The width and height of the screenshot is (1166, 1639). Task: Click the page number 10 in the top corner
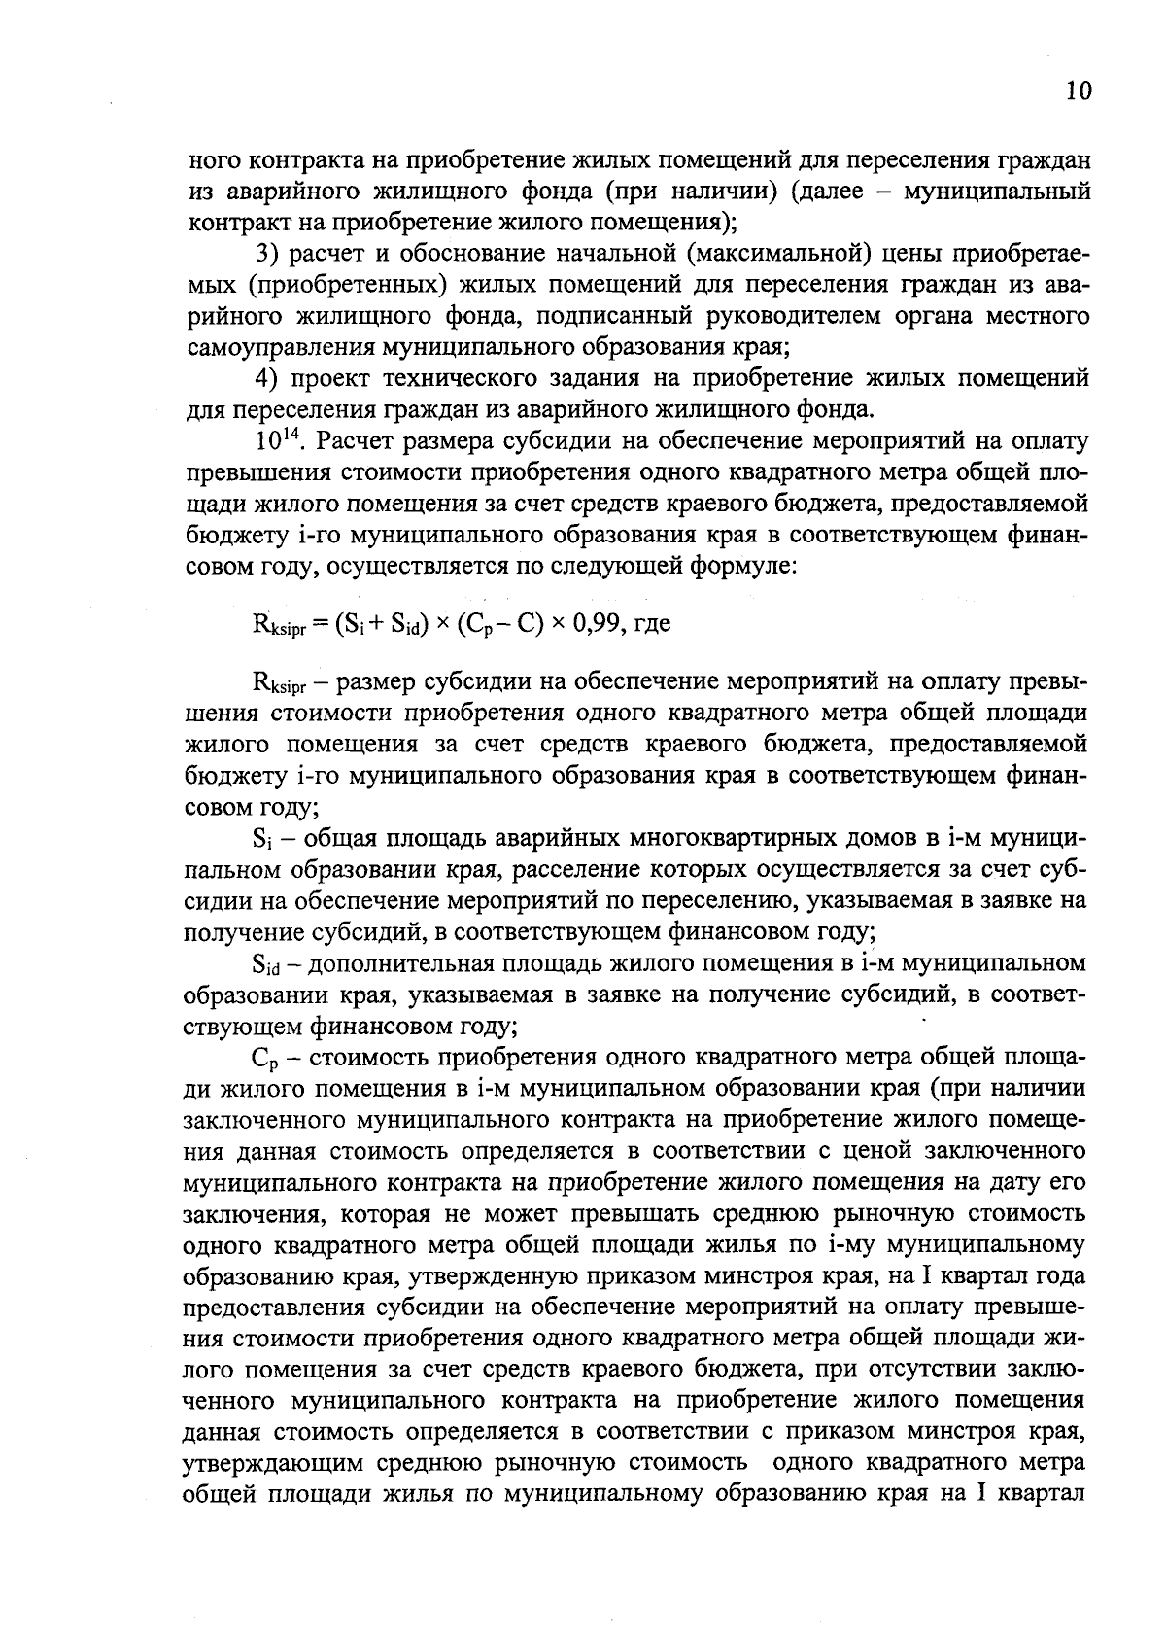click(x=1078, y=92)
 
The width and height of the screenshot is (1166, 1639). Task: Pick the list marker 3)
click(x=267, y=255)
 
